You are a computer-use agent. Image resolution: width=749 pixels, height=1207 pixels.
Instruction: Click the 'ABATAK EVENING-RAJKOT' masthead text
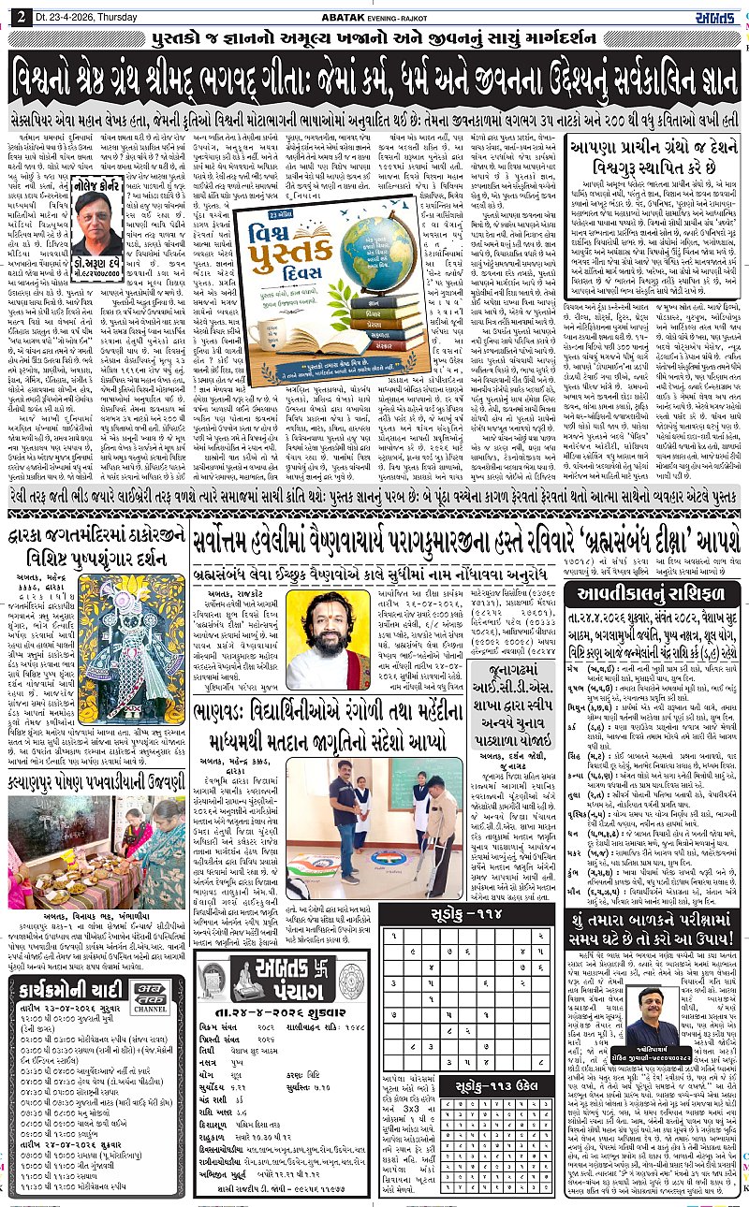[x=374, y=12]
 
